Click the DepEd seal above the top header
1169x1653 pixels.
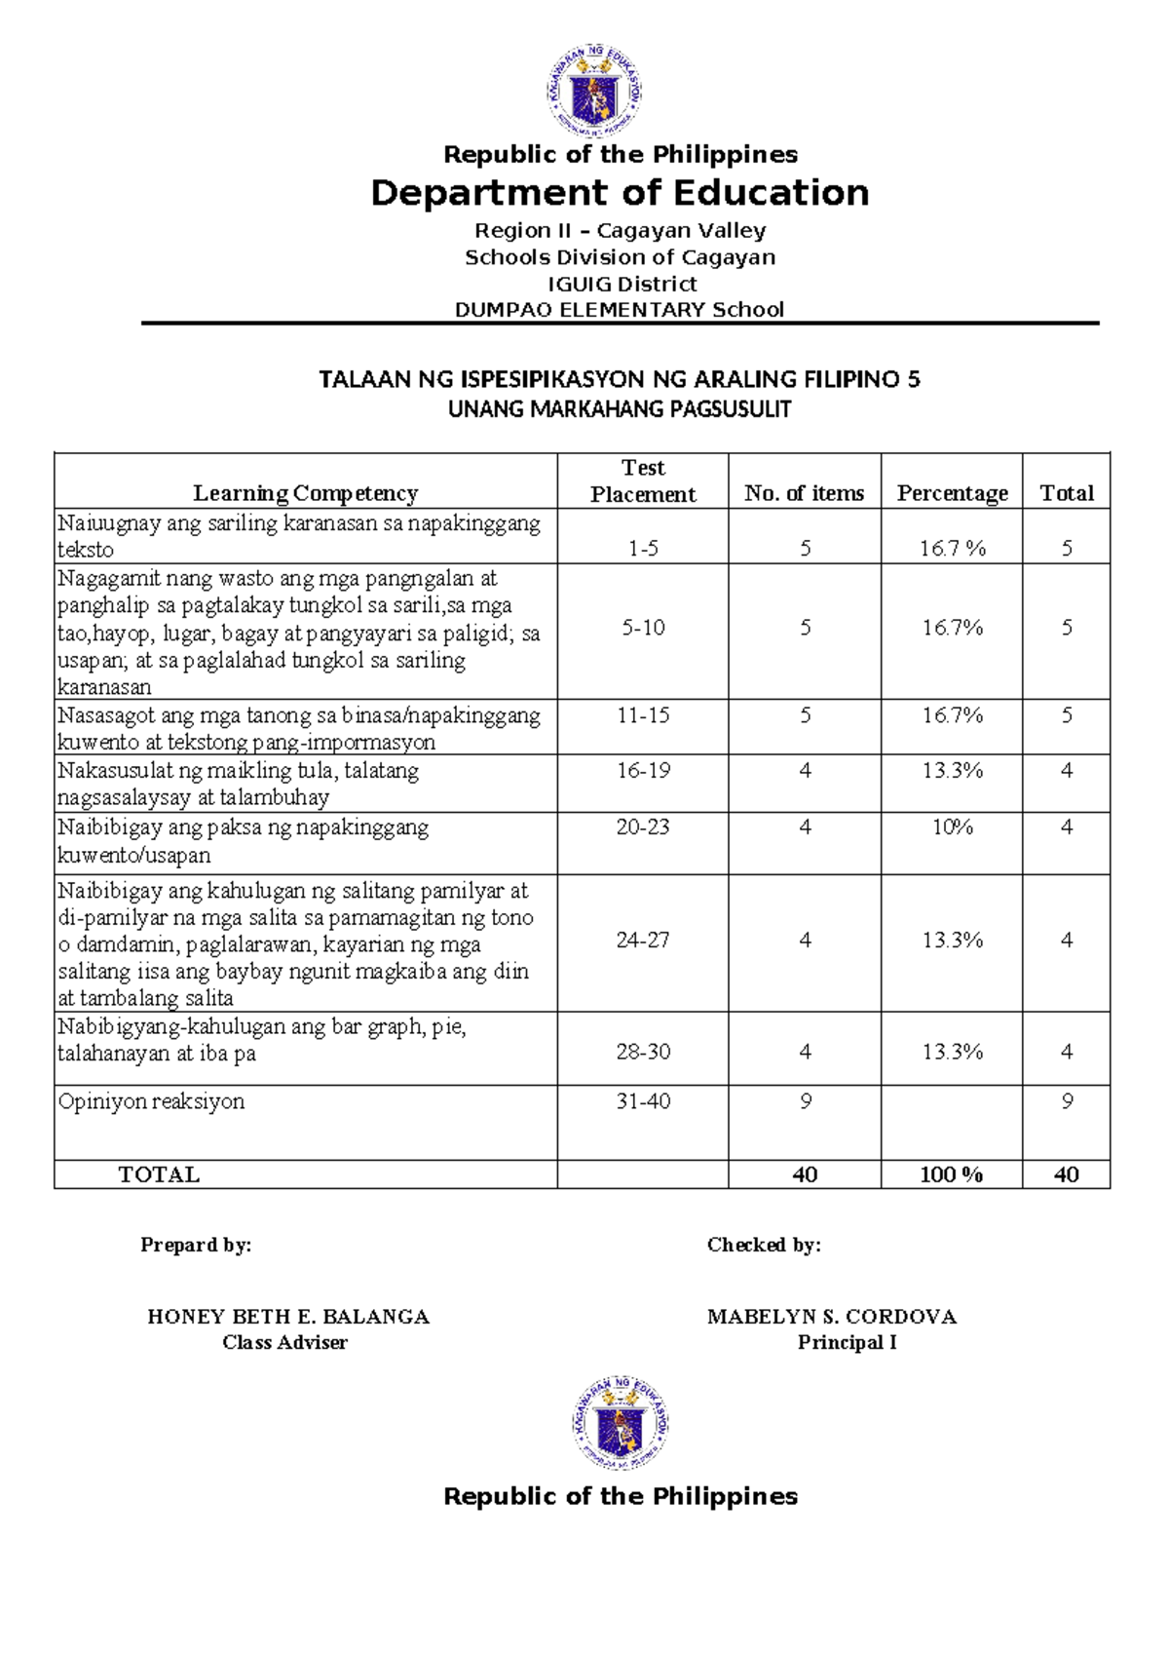click(593, 91)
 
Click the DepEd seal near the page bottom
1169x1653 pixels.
click(620, 1423)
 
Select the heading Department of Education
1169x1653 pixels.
click(620, 193)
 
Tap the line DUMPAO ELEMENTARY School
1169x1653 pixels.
click(620, 310)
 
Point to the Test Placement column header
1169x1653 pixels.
click(643, 481)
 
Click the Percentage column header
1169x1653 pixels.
click(952, 493)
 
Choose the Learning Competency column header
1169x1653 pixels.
click(305, 493)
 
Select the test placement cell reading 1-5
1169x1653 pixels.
click(643, 549)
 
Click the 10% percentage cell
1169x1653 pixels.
click(952, 827)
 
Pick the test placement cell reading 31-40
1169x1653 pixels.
click(643, 1101)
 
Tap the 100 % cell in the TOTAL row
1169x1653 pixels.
click(951, 1174)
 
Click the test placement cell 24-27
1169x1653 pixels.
click(643, 941)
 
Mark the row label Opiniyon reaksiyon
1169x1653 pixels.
click(151, 1101)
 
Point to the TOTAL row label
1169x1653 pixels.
click(159, 1174)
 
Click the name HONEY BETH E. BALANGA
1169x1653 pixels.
click(288, 1317)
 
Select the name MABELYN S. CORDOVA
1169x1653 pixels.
click(832, 1317)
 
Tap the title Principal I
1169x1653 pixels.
click(847, 1342)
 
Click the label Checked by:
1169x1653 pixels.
click(764, 1245)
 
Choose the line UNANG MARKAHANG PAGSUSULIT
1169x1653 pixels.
click(620, 409)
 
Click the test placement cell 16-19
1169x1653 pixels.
click(643, 771)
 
